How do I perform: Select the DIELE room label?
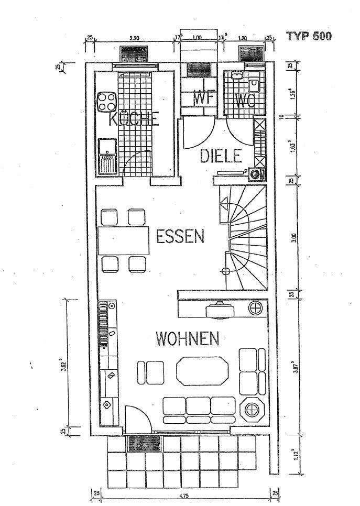pos(221,156)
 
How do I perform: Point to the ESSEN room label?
pos(180,237)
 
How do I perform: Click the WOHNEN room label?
pos(187,339)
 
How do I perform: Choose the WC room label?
pos(245,101)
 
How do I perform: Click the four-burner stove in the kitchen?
pos(106,102)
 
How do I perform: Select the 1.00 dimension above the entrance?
pos(197,38)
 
